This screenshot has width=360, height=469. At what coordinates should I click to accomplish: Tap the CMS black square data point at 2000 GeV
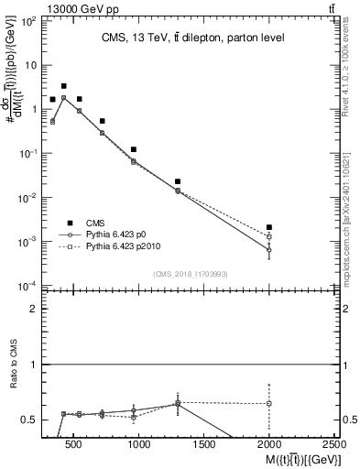269,227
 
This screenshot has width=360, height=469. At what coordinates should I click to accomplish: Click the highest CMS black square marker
63,86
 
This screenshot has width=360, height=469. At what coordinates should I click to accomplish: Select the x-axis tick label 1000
139,445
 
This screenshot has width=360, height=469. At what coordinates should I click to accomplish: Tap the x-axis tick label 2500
334,445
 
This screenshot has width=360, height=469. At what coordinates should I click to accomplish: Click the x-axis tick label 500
74,445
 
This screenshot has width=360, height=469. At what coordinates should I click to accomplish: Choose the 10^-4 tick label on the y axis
27,286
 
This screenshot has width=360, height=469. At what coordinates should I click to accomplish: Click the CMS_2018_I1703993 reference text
190,274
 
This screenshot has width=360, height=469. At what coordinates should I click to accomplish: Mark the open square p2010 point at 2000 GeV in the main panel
269,236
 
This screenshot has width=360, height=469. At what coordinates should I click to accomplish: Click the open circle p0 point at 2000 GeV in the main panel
269,249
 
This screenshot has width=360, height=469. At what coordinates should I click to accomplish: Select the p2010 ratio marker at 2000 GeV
269,403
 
